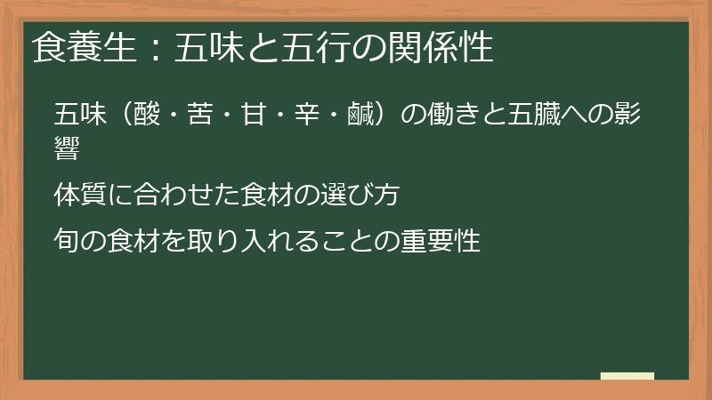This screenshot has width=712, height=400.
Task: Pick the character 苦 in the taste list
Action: [203, 116]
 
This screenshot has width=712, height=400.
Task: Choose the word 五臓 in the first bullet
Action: [538, 116]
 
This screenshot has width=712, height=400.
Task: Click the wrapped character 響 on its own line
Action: [68, 148]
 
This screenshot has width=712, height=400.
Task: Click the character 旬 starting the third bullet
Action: [68, 240]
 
